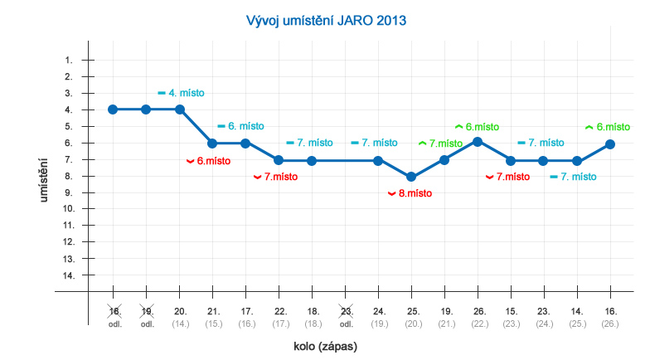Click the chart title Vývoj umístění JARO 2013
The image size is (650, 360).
pyautogui.click(x=327, y=20)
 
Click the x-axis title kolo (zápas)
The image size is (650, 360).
pyautogui.click(x=325, y=346)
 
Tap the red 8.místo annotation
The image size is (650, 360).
pyautogui.click(x=410, y=193)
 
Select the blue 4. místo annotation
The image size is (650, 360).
pyautogui.click(x=181, y=93)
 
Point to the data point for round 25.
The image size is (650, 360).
pyautogui.click(x=411, y=177)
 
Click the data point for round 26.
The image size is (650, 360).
pyautogui.click(x=478, y=142)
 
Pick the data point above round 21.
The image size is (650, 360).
pyautogui.click(x=212, y=144)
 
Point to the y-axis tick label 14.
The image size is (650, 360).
pyautogui.click(x=66, y=275)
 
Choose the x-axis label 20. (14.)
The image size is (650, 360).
pyautogui.click(x=180, y=317)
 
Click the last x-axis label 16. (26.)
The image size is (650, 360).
pyautogui.click(x=610, y=317)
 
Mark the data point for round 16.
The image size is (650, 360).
pyautogui.click(x=610, y=144)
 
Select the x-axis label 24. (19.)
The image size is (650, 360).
pyautogui.click(x=379, y=317)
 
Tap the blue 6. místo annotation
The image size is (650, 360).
pyautogui.click(x=240, y=126)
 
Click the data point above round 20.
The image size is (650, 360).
pyautogui.click(x=180, y=109)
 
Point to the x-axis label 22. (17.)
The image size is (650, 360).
pyautogui.click(x=279, y=317)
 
